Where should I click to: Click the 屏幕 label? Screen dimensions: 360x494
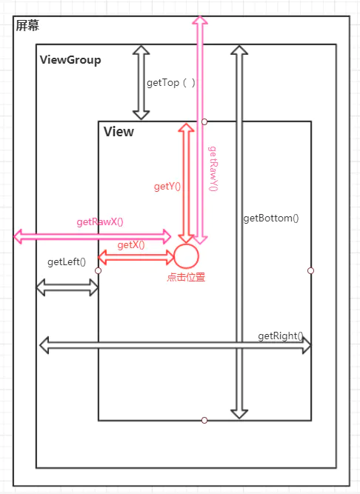pos(27,25)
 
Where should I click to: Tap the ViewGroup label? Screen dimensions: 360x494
pos(70,59)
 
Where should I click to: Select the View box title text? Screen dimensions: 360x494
pos(119,131)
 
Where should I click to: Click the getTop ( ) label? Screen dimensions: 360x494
pos(171,83)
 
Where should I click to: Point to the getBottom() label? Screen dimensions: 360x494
pos(271,218)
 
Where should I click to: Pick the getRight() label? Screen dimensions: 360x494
pos(281,336)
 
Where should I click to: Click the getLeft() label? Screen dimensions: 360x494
pos(67,261)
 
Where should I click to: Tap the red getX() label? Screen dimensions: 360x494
pos(131,245)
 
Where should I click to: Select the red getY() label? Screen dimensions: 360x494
pos(167,187)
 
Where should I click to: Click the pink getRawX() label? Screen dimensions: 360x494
pos(100,221)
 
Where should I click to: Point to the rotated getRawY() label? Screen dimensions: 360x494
pos(213,169)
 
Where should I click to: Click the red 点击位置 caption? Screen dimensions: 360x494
pos(186,277)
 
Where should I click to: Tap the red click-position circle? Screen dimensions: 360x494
pos(186,256)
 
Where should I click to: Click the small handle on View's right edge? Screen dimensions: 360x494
pos(310,270)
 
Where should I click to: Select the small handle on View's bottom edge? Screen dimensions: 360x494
pos(204,420)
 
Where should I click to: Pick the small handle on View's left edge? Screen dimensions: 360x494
pos(98,270)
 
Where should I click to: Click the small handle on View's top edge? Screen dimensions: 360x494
pos(204,121)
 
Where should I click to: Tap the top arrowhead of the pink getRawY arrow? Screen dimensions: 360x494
pos(200,20)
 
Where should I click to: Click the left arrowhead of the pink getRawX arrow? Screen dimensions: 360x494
pos(18,236)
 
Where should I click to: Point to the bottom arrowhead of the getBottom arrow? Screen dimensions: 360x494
pos(239,414)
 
